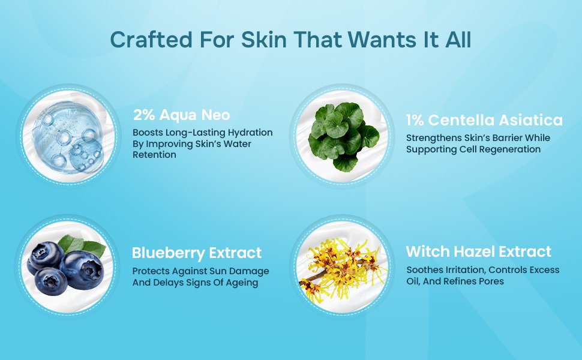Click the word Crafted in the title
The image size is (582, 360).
click(151, 40)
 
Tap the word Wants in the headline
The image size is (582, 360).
click(382, 40)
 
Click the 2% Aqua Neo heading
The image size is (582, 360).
click(182, 115)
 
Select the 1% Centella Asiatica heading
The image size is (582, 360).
click(484, 120)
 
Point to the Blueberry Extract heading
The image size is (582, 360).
click(197, 253)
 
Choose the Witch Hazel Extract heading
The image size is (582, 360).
click(478, 251)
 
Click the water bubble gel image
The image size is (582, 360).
click(68, 137)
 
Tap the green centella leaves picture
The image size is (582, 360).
click(344, 136)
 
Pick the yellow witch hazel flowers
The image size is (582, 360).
click(342, 271)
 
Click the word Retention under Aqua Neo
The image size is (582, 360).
click(154, 155)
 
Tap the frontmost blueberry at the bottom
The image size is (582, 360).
click(51, 281)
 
